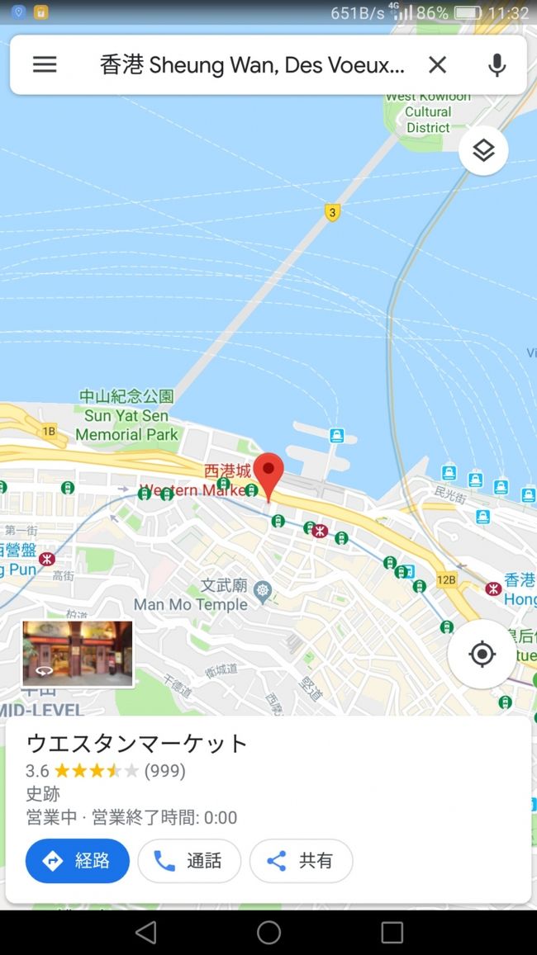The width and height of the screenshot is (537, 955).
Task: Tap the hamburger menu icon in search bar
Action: (45, 64)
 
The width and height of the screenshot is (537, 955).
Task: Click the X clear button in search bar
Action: (437, 64)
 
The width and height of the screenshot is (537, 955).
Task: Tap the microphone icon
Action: (497, 64)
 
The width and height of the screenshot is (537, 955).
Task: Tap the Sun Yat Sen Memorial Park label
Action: (127, 416)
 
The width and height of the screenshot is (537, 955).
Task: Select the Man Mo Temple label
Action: (191, 604)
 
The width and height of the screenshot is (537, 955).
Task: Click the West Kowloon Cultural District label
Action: (428, 112)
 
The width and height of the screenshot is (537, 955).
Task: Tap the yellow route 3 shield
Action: (332, 212)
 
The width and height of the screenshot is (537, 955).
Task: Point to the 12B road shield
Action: (446, 580)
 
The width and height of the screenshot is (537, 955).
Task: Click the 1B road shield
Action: (49, 430)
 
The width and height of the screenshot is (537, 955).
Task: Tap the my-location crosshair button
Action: (482, 655)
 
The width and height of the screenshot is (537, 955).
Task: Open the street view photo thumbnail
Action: (78, 654)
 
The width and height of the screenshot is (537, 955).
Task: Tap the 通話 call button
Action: (189, 861)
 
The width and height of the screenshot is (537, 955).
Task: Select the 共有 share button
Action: (301, 861)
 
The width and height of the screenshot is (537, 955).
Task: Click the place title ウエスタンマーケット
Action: (137, 743)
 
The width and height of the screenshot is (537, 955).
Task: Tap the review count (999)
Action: (164, 771)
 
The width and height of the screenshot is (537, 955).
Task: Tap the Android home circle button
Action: (268, 933)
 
